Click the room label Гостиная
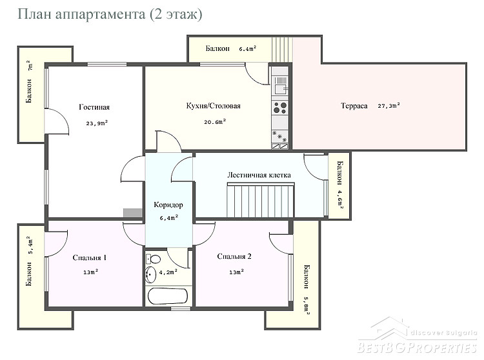click(x=94, y=107)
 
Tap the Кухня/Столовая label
click(x=214, y=106)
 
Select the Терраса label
click(x=354, y=106)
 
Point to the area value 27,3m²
click(x=389, y=105)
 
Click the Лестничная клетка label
click(x=259, y=175)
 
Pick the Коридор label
click(x=168, y=205)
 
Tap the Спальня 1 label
click(x=90, y=257)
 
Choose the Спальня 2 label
click(x=234, y=256)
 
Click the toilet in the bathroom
click(x=153, y=259)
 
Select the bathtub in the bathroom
click(x=168, y=296)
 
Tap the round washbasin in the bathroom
click(x=151, y=274)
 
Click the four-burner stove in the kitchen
click(x=280, y=107)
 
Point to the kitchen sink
click(x=280, y=85)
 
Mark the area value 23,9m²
click(x=97, y=123)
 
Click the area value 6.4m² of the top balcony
click(x=248, y=48)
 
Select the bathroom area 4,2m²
click(x=168, y=272)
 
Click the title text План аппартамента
click(x=81, y=14)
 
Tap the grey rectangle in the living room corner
click(x=133, y=213)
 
